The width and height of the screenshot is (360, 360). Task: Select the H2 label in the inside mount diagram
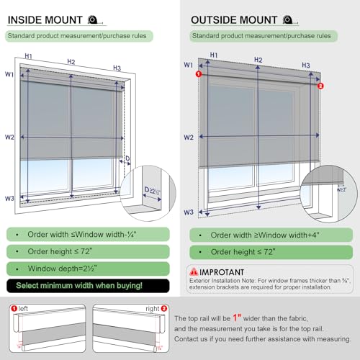click(x=71, y=62)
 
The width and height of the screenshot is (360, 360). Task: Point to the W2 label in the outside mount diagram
click(x=189, y=137)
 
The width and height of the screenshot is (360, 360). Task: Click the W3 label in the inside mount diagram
click(x=9, y=198)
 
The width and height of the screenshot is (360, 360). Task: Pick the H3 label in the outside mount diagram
click(x=306, y=66)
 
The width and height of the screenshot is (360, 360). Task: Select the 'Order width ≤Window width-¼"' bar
click(x=86, y=234)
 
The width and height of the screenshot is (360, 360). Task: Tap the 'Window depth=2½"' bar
click(x=86, y=268)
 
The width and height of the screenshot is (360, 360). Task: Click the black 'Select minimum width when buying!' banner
click(x=86, y=285)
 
